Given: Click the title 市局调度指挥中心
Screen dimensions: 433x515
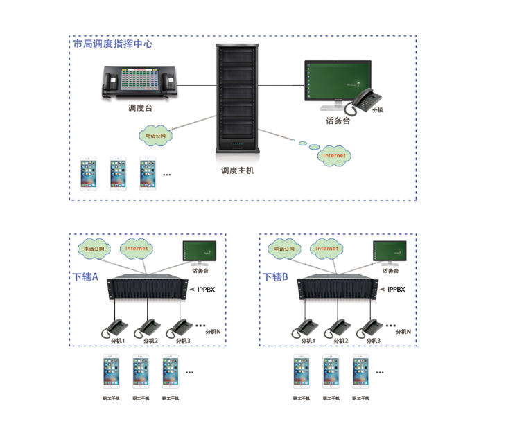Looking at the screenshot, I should [x=113, y=44].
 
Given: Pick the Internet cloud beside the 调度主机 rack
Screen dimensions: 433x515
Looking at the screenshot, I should [x=334, y=155].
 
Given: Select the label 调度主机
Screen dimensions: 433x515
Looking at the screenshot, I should [x=237, y=170].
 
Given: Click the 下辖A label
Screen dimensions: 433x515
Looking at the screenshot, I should [x=86, y=276].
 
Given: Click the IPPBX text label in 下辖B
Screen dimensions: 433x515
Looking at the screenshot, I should [x=396, y=290].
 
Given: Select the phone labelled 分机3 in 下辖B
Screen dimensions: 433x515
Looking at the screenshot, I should [x=372, y=326].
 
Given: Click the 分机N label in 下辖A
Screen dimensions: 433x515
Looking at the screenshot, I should [x=212, y=332].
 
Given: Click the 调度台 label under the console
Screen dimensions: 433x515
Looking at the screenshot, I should [x=140, y=108].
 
